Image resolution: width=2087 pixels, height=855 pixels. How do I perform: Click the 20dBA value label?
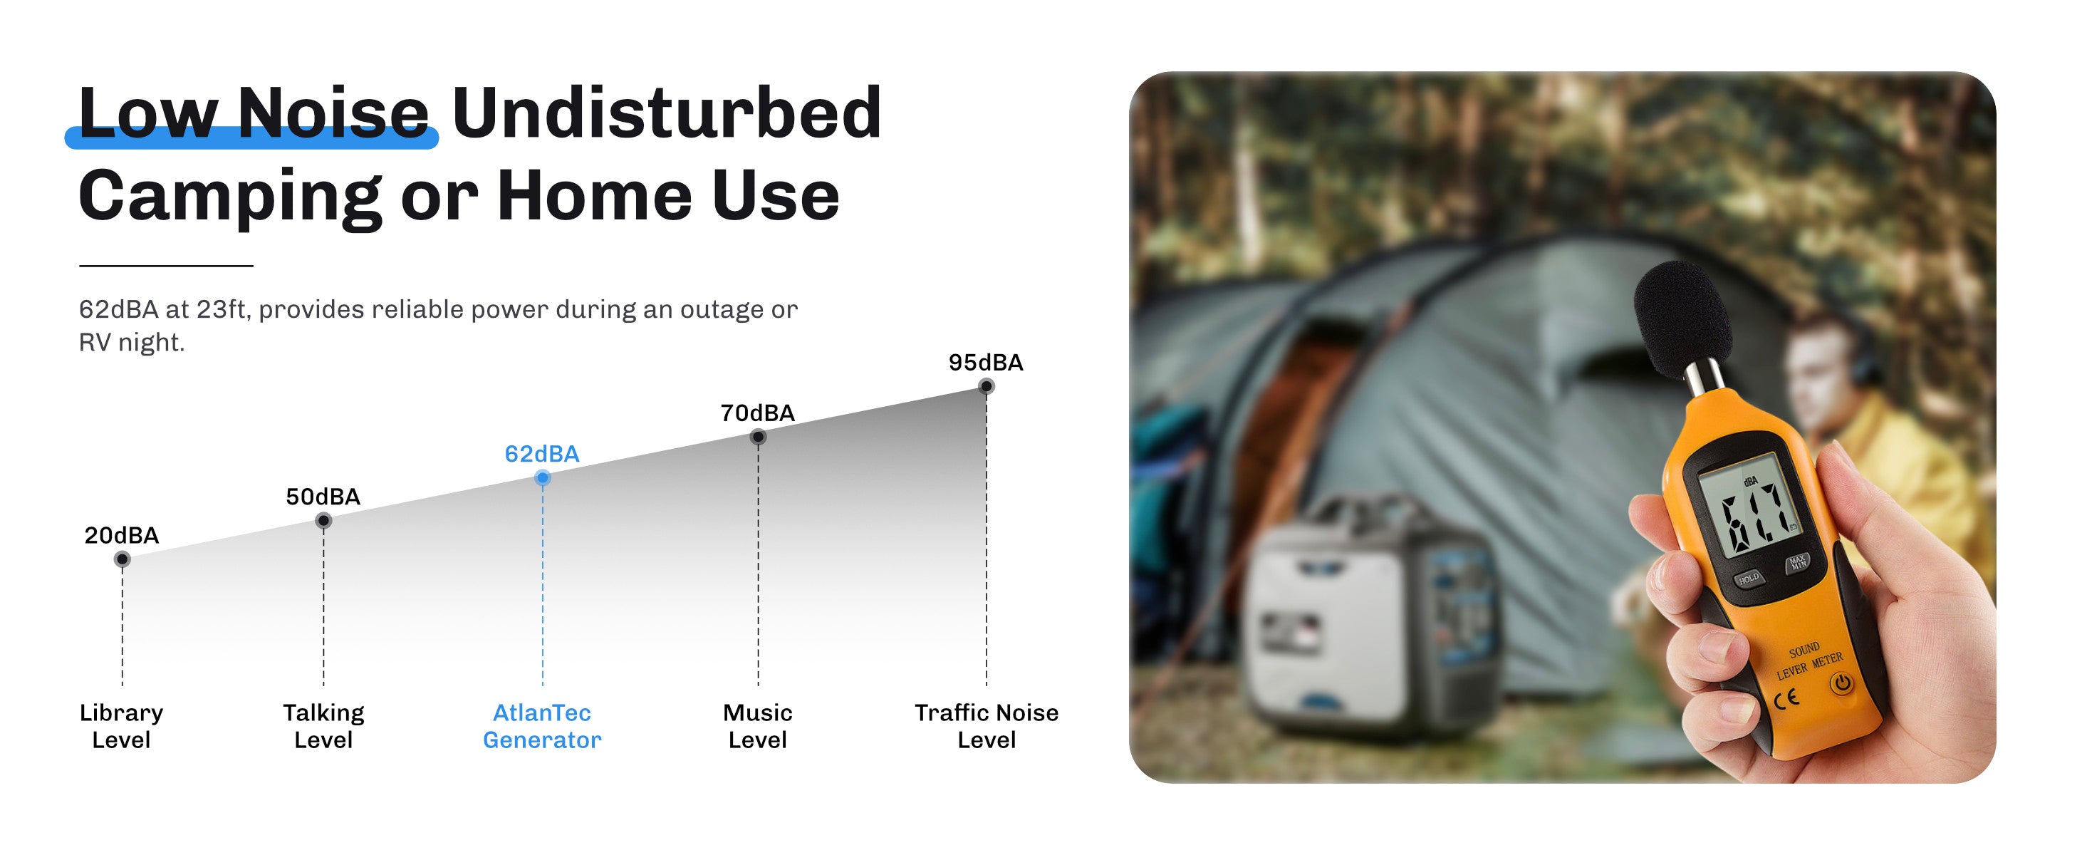122,535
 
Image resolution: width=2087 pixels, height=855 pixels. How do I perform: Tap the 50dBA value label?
323,496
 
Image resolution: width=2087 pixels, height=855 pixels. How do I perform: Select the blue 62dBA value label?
542,454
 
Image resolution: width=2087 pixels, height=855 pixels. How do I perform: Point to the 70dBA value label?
757,413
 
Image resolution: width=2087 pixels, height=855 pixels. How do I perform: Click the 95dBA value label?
986,362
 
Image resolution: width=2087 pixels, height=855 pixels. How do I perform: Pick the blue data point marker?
543,478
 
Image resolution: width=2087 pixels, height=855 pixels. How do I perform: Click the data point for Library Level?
123,559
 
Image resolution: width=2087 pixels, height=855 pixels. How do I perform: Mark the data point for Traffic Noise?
986,387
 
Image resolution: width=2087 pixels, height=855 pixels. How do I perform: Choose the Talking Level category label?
323,725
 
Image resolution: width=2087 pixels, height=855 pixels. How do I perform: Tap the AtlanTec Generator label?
542,725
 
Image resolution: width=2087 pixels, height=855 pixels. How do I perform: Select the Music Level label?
757,725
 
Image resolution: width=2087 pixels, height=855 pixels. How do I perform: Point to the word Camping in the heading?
230,197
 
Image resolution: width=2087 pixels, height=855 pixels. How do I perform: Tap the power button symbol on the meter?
1841,683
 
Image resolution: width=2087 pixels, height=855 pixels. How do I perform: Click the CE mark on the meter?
1786,698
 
